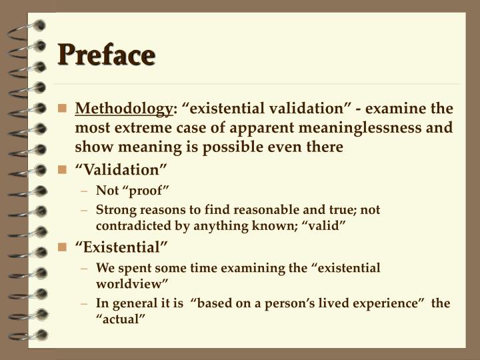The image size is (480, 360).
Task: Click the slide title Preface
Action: pos(106,55)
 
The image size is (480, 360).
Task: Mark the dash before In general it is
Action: pos(86,303)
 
